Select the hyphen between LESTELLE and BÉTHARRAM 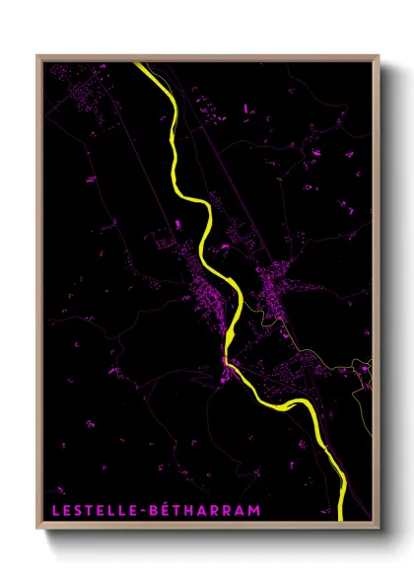[143, 509]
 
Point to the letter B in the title [155, 509]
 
